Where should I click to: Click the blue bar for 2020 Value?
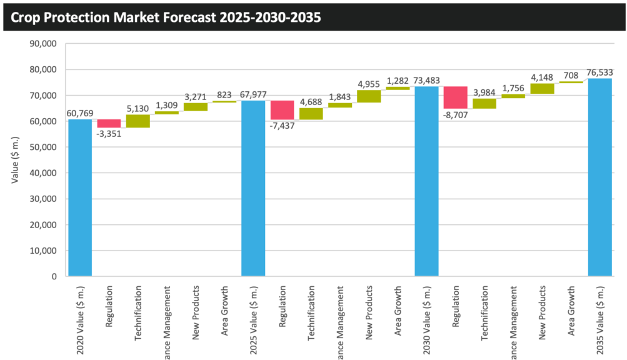[x=80, y=197]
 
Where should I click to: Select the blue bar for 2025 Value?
[x=253, y=188]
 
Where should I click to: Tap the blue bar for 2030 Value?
[x=426, y=181]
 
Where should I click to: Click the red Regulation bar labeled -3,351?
[x=109, y=123]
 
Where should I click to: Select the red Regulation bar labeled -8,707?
[x=455, y=97]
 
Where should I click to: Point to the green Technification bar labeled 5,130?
[x=138, y=121]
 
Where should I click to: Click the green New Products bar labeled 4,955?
[x=369, y=96]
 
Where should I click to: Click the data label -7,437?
[x=283, y=126]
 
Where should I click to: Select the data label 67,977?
[x=253, y=94]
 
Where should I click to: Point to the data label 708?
[x=571, y=76]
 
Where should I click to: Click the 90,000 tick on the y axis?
[x=44, y=44]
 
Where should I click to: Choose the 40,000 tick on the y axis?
[x=44, y=173]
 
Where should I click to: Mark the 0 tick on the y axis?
[x=54, y=276]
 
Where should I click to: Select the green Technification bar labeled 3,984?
[x=484, y=104]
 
